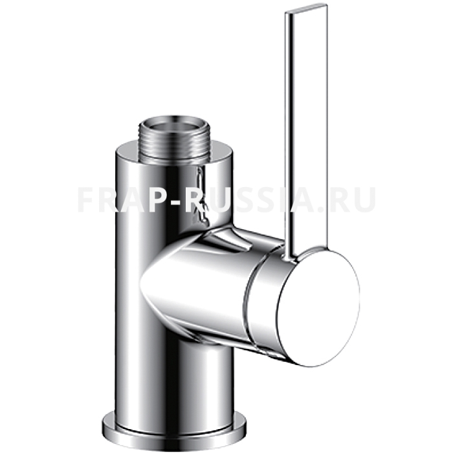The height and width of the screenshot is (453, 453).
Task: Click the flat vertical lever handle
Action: coord(306,130)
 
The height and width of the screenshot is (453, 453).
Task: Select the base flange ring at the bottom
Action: coord(174,428)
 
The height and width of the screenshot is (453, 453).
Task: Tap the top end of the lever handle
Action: coord(306,7)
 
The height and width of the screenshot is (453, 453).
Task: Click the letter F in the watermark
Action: coord(87,199)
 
